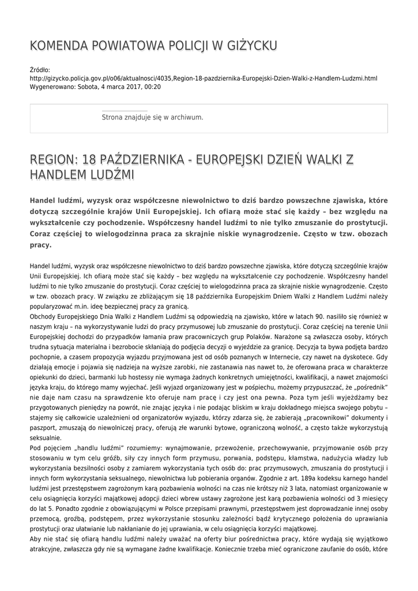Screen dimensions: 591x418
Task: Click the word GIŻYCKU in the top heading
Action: click(x=251, y=46)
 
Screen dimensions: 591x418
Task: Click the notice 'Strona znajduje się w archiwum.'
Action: click(x=152, y=117)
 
